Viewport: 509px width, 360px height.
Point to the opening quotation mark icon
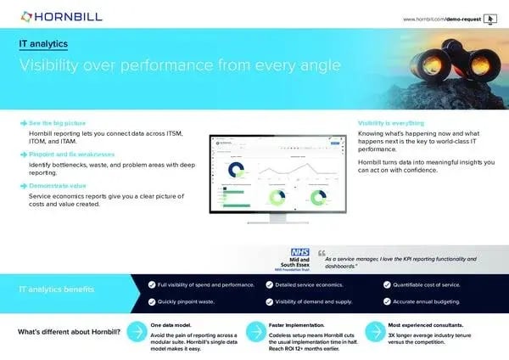point(322,254)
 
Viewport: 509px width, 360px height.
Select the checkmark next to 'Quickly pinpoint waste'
point(151,301)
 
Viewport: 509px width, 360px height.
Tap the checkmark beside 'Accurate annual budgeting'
point(388,301)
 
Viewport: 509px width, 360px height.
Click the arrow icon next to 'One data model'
point(133,332)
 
